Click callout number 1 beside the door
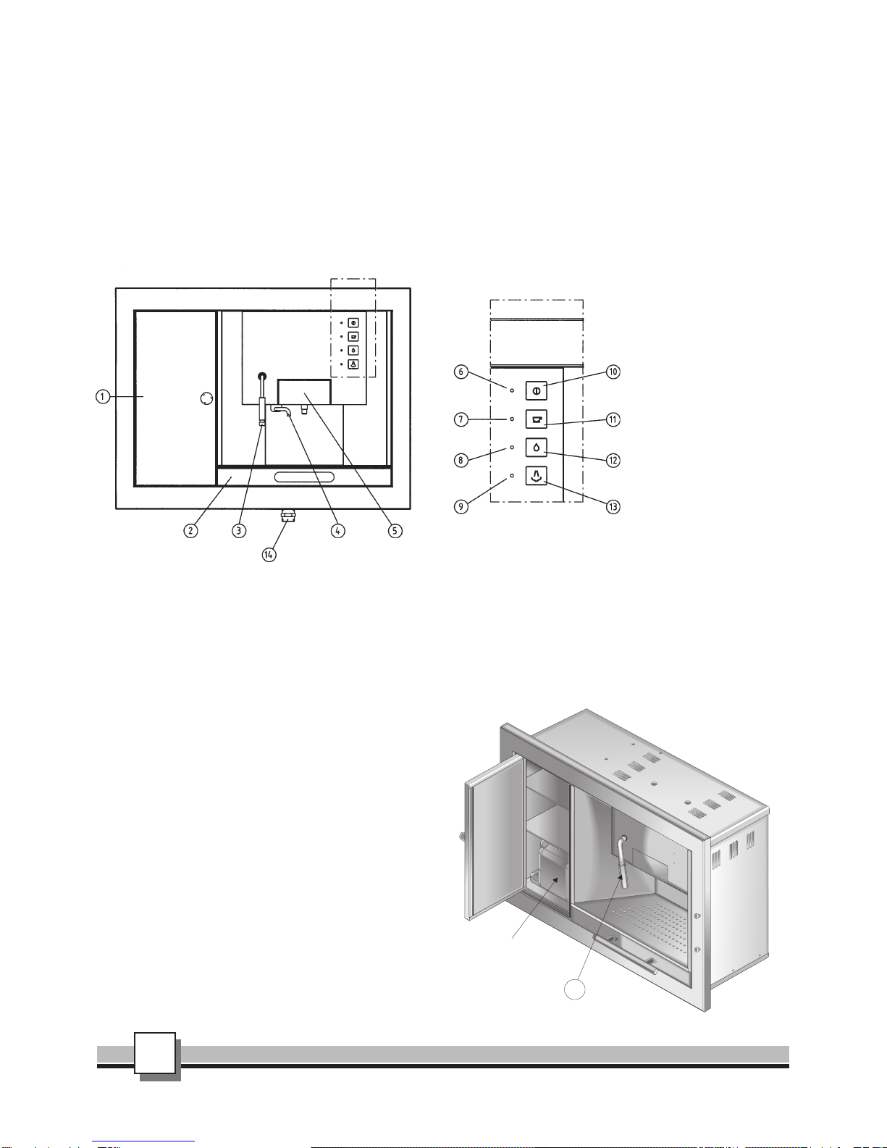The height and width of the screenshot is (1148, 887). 102,396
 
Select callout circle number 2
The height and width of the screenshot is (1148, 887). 190,530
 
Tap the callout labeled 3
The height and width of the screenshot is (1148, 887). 239,530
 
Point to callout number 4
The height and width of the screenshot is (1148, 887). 338,530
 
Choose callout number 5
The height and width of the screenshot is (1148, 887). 395,530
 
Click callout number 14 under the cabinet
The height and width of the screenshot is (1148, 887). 269,554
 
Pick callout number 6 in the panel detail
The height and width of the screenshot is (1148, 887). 461,372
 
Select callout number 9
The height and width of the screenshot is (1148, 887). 461,507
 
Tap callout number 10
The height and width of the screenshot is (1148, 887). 613,372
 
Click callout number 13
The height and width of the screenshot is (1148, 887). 613,507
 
